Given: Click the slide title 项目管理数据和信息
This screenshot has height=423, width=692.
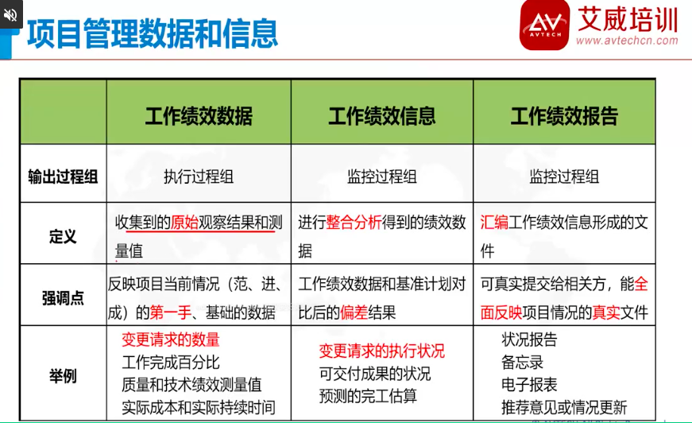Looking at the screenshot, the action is (153, 33).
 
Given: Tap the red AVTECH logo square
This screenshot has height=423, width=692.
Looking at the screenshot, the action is (545, 25).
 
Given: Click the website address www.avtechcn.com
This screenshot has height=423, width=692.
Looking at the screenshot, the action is (627, 41).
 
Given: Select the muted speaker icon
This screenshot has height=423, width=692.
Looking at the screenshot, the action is (10, 15).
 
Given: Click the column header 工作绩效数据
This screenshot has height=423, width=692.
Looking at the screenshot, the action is (199, 116).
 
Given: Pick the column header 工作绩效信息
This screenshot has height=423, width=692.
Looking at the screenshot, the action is (381, 116).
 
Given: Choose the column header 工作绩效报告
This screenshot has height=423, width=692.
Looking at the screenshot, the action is (564, 116).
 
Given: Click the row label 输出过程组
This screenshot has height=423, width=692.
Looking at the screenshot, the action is (63, 177).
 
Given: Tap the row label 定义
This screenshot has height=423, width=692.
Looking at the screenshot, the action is (63, 236).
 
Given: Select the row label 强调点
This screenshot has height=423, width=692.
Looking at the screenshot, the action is (63, 298).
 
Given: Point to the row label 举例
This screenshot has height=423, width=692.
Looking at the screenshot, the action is (63, 376).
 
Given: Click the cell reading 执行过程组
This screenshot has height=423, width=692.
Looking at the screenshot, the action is (199, 177).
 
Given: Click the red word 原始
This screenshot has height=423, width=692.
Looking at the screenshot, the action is (184, 222).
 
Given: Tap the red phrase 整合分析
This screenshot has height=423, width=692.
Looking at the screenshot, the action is (354, 222).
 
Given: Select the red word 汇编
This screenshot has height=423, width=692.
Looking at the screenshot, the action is (494, 222).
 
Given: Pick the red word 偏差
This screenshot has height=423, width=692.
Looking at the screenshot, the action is (354, 312).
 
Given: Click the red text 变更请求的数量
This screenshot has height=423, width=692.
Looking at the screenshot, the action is (171, 340).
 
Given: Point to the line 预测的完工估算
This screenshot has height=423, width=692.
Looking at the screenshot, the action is (368, 396).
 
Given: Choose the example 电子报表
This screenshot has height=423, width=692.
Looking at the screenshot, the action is (529, 384).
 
